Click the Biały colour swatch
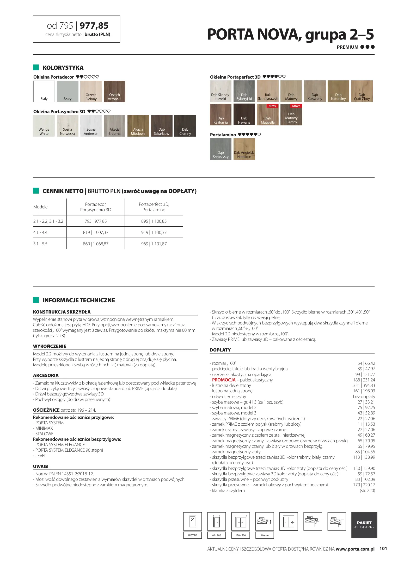pyautogui.click(x=44, y=91)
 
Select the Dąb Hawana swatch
pyautogui.click(x=244, y=114)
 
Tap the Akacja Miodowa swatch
pyautogui.click(x=138, y=126)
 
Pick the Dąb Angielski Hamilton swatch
pyautogui.click(x=244, y=149)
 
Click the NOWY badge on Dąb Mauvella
pyautogui.click(x=272, y=106)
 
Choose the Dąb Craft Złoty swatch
pyautogui.click(x=362, y=91)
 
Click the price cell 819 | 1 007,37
pyautogui.click(x=96, y=232)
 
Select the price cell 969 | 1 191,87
pyautogui.click(x=154, y=244)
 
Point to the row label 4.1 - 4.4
pyautogui.click(x=40, y=232)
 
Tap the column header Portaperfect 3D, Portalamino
pyautogui.click(x=154, y=207)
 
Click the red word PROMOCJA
pyautogui.click(x=224, y=380)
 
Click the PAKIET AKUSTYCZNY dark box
pyautogui.click(x=364, y=525)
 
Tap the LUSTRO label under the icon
pyautogui.click(x=193, y=535)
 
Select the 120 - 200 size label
pyautogui.click(x=241, y=535)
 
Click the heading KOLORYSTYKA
pyautogui.click(x=63, y=68)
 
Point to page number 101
pyautogui.click(x=383, y=548)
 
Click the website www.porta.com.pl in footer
pyautogui.click(x=355, y=549)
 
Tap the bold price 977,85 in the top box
pyautogui.click(x=94, y=26)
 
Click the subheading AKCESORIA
pyautogui.click(x=46, y=375)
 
